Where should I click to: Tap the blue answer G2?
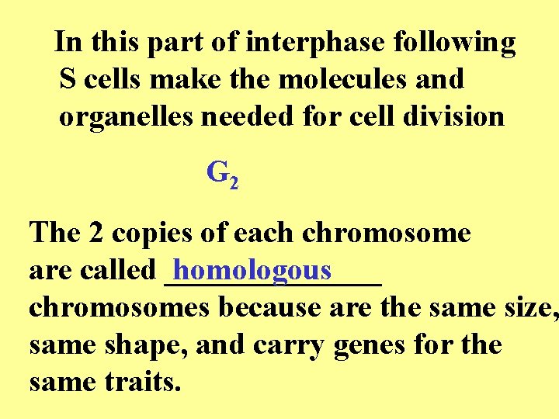click(222, 174)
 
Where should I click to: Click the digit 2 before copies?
click(92, 233)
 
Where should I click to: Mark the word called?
click(120, 270)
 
